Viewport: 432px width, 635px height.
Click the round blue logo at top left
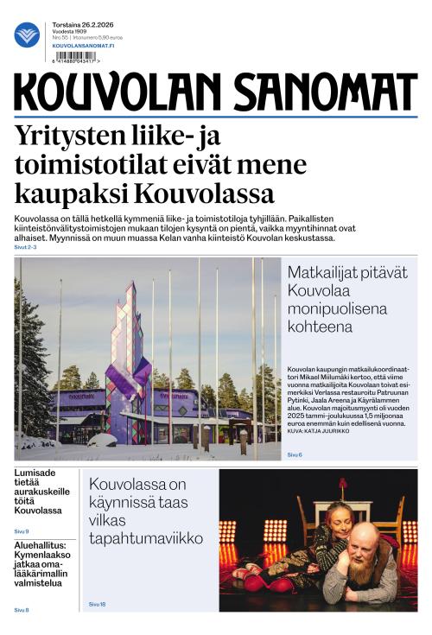click(x=27, y=35)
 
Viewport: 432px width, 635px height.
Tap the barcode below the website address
click(x=74, y=58)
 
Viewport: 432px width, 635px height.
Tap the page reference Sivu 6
click(x=295, y=454)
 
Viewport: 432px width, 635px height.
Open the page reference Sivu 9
click(x=22, y=531)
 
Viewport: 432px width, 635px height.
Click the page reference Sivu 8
click(x=22, y=610)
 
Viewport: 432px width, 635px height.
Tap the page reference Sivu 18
click(x=97, y=604)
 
